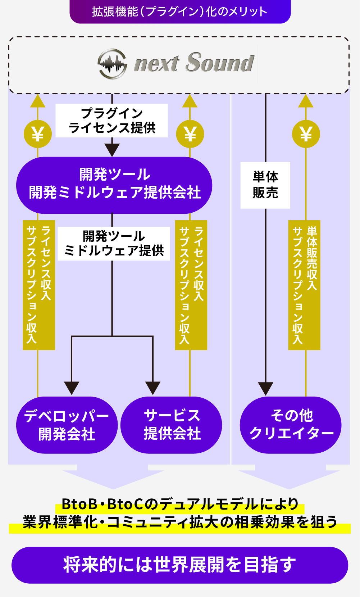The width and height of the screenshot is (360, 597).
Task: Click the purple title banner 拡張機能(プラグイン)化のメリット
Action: point(180,12)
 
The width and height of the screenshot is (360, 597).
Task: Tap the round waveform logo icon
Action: point(112,64)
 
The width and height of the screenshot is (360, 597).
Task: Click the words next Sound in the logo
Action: point(194,63)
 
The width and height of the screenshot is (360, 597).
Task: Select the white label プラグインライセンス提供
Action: point(112,121)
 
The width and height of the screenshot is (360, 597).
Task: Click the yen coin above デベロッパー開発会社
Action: point(38,134)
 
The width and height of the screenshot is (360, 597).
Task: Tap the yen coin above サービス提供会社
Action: point(190,134)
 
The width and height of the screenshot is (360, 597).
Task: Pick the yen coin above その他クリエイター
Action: point(306,134)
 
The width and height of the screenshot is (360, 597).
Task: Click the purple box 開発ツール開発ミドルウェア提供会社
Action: point(114,185)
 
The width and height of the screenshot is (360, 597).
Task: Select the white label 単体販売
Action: point(265,185)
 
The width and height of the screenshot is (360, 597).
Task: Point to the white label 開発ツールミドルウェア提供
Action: point(114,243)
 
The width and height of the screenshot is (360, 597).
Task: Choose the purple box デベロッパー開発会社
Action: point(67,425)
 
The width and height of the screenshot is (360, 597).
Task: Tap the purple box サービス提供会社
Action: point(172,425)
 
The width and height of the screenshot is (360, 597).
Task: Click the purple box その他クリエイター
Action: point(291,425)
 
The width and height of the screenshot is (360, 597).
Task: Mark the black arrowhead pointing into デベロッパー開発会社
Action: point(72,388)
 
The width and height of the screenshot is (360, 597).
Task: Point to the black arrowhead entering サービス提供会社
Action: point(153,388)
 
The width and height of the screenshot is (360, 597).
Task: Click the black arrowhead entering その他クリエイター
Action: point(266,388)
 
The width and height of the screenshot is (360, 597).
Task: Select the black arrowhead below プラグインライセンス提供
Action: point(112,149)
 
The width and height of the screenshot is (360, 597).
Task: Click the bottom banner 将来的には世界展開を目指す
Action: point(180,565)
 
